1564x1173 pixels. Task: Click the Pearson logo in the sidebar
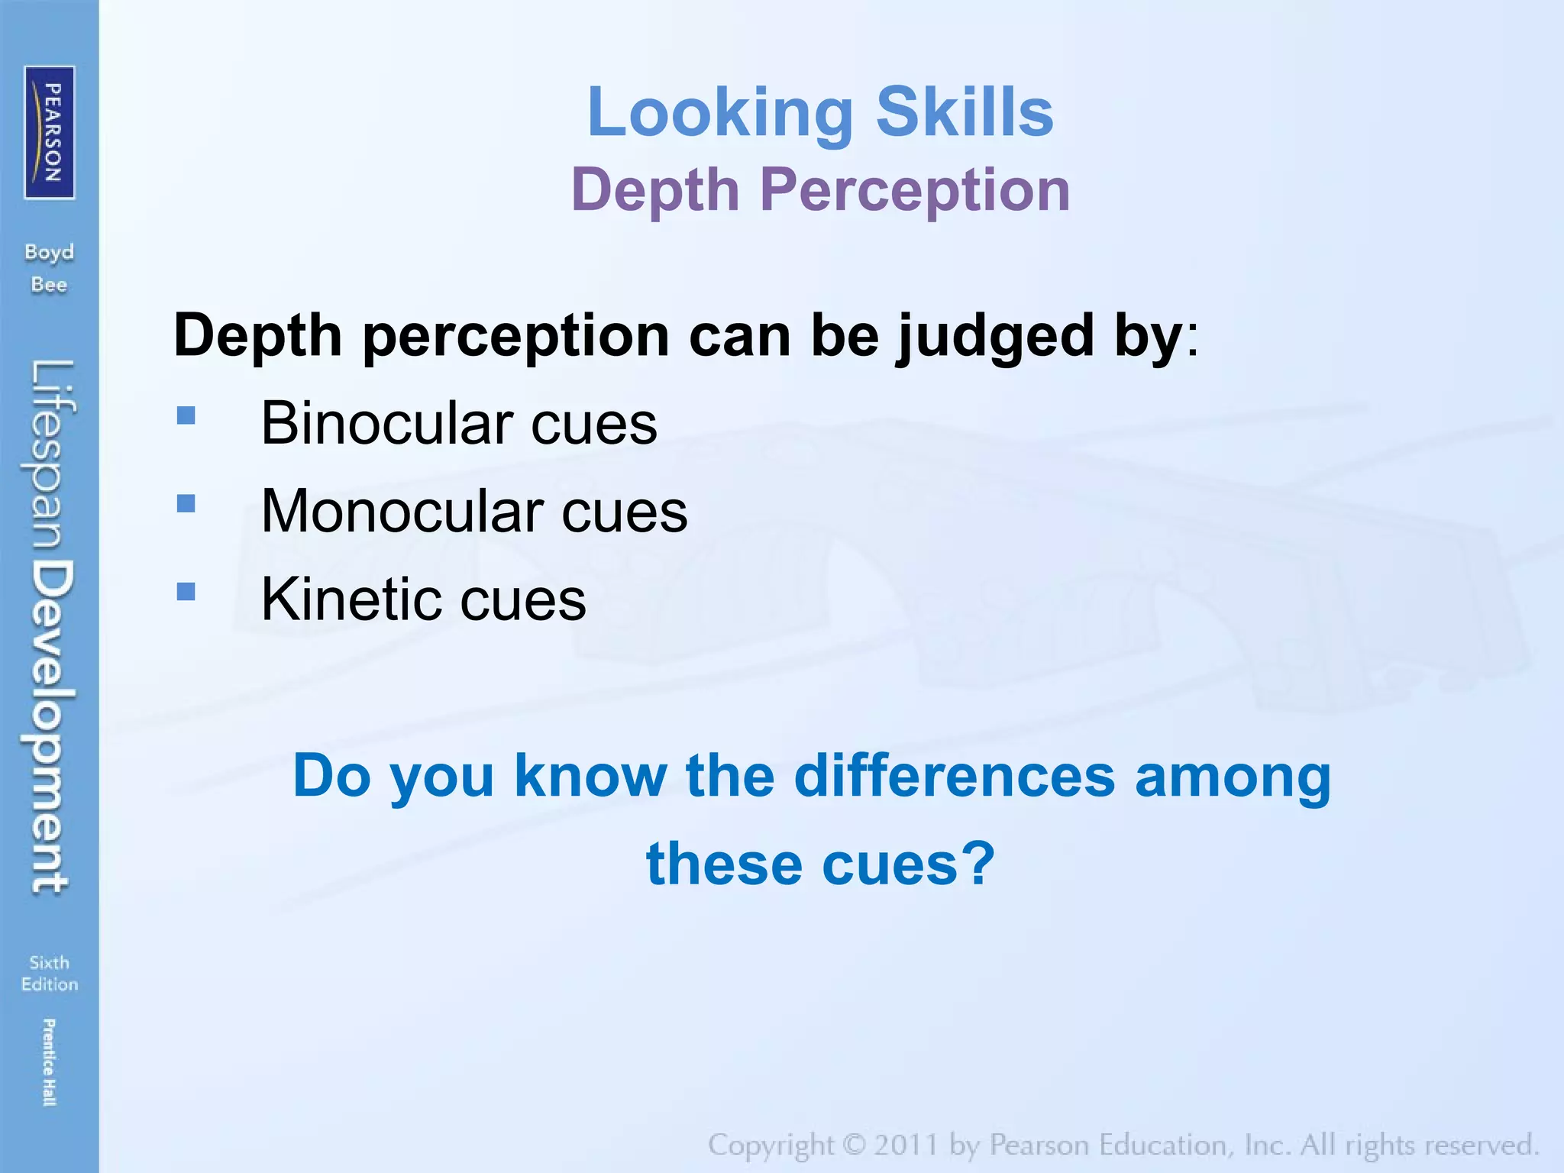click(x=50, y=132)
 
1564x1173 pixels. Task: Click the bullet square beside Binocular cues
click(x=186, y=415)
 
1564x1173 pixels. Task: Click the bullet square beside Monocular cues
click(x=186, y=503)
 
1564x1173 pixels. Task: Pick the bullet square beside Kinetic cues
click(x=186, y=592)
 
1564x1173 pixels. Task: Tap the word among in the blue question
click(x=1233, y=777)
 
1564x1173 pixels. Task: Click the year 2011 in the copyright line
click(x=906, y=1146)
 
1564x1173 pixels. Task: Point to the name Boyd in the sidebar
click(x=50, y=252)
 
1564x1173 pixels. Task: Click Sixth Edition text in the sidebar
click(x=50, y=973)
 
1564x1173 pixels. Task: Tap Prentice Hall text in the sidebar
click(x=49, y=1062)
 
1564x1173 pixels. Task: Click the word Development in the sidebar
click(x=50, y=725)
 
